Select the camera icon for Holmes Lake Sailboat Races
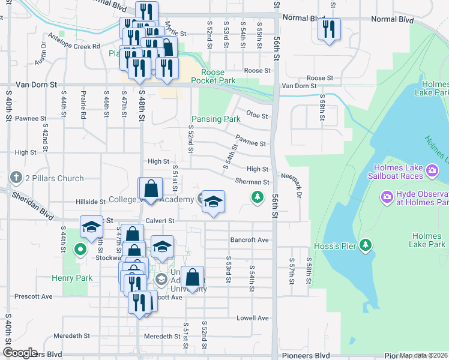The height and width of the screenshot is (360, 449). pyautogui.click(x=432, y=173)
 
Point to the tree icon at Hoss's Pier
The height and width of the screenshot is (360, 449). pyautogui.click(x=365, y=245)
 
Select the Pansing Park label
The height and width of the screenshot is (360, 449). pyautogui.click(x=215, y=119)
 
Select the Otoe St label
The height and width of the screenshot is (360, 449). pyautogui.click(x=256, y=115)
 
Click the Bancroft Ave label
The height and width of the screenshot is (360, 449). pyautogui.click(x=249, y=240)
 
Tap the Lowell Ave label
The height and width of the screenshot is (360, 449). pyautogui.click(x=252, y=318)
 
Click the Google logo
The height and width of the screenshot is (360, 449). pyautogui.click(x=19, y=353)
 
